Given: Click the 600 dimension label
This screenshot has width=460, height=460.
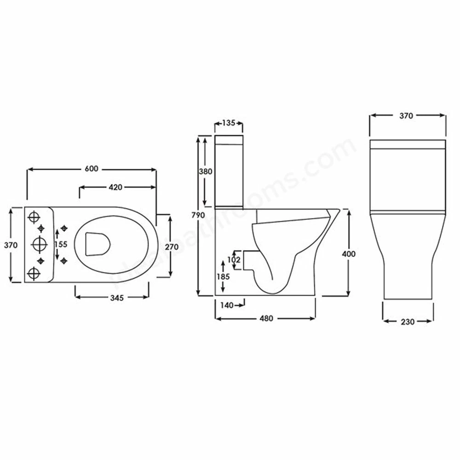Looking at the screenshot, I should tap(92, 169).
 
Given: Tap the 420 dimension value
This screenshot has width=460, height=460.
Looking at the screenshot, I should tap(115, 187).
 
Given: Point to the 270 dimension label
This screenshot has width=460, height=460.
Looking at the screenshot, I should tap(171, 247).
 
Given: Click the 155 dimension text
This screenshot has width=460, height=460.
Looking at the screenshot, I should tap(61, 244).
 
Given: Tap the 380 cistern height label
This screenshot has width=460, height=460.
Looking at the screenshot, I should tap(205, 172).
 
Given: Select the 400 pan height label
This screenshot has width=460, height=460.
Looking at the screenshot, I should tap(349, 253).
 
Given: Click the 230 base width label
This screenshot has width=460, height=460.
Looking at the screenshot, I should tap(408, 322).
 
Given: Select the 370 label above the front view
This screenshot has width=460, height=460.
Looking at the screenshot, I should tap(406, 116).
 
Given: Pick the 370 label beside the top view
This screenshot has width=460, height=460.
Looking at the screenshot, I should tap(11, 245).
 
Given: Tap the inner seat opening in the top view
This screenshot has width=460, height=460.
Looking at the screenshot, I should tap(97, 243).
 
